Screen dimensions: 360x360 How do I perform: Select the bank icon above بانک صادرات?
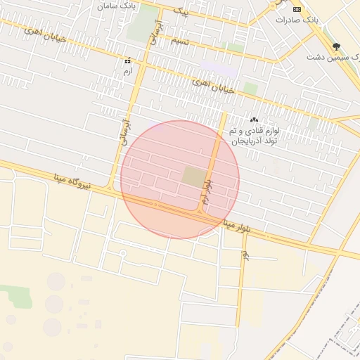[x=297, y=8]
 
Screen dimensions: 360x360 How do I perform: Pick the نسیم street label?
[x=180, y=41]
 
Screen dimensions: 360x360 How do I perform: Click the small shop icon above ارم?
[x=127, y=61]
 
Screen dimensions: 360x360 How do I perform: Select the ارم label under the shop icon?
[x=127, y=72]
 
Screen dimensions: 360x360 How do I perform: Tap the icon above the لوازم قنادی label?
[x=253, y=120]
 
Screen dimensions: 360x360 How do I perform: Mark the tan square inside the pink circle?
[x=193, y=176]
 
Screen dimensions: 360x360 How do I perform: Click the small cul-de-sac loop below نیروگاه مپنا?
[x=124, y=252]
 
